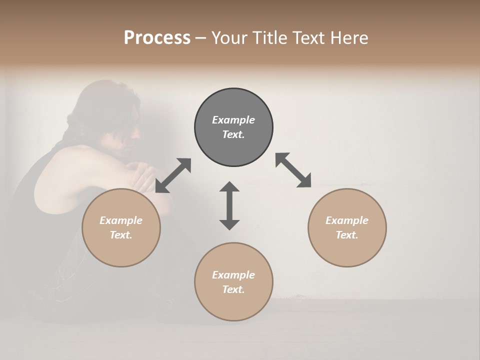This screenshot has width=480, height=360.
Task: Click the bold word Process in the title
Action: pyautogui.click(x=157, y=38)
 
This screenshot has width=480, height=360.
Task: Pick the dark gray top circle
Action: pyautogui.click(x=233, y=127)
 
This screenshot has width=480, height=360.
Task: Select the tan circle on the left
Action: pyautogui.click(x=121, y=227)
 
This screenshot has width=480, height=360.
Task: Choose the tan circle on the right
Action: pyautogui.click(x=347, y=227)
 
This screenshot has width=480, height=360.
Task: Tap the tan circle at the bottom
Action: pyautogui.click(x=233, y=281)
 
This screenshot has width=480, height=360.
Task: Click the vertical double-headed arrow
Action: pyautogui.click(x=229, y=205)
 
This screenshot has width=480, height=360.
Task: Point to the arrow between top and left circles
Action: pyautogui.click(x=173, y=175)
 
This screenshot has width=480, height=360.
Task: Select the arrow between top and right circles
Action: pyautogui.click(x=293, y=170)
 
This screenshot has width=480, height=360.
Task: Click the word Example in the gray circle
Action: pyautogui.click(x=233, y=120)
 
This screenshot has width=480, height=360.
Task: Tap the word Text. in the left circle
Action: pyautogui.click(x=121, y=235)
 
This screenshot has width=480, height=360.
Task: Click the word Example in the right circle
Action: pyautogui.click(x=347, y=220)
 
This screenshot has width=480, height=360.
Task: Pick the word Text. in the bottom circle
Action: pyautogui.click(x=233, y=289)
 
